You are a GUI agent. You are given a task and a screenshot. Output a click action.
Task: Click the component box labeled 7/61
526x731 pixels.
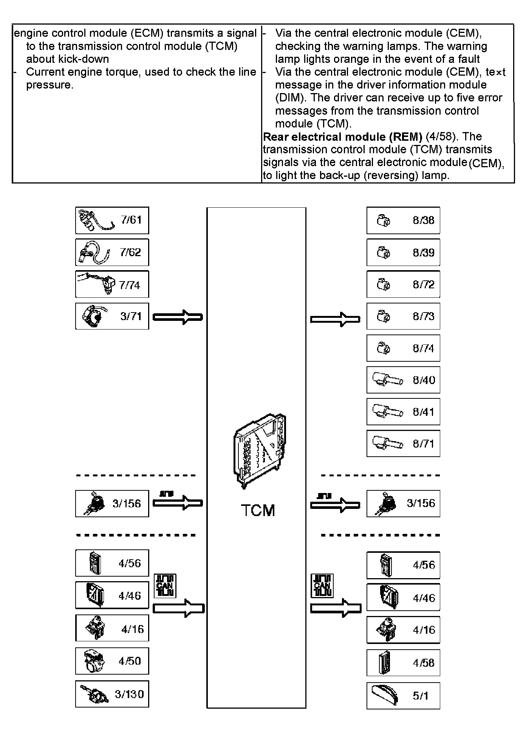point(112,220)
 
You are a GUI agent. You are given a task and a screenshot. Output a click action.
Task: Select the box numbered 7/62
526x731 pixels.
point(112,252)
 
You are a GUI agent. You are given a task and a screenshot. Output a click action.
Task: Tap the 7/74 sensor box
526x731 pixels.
point(112,284)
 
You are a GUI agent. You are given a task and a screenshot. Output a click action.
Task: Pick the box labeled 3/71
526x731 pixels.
point(112,316)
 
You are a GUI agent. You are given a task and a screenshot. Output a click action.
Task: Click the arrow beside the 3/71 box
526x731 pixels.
point(178,317)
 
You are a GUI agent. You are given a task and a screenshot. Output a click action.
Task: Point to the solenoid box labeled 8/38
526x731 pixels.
point(403,220)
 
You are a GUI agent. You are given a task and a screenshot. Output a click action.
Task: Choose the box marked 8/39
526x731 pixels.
point(403,252)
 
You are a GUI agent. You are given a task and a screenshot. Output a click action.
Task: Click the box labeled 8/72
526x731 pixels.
point(403,284)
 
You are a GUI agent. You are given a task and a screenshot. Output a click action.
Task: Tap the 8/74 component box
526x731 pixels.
point(403,348)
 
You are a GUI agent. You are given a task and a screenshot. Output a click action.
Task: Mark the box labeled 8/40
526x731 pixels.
point(403,380)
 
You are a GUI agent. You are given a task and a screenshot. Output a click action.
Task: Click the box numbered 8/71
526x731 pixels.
point(403,443)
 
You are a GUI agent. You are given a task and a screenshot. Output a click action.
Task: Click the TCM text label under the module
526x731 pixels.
point(258,511)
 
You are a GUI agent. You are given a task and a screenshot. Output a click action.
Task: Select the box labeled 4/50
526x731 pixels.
point(112,661)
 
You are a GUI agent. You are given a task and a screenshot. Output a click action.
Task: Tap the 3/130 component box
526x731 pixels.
point(112,694)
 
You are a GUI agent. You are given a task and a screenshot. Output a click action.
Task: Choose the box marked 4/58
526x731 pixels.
point(403,663)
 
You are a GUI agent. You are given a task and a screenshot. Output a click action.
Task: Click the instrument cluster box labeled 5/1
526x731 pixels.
point(403,696)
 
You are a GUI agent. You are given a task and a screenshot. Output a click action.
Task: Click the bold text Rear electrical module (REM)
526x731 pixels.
point(342,137)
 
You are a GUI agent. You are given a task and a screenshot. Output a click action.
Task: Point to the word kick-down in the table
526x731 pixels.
point(86,59)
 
